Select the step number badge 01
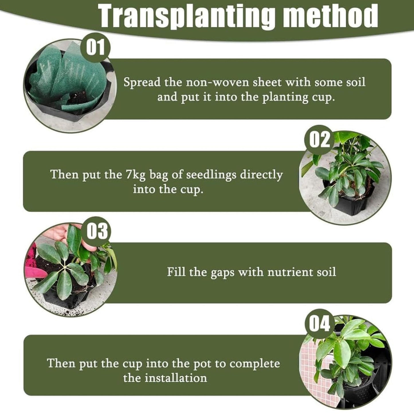click(x=95, y=48)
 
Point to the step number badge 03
click(x=97, y=232)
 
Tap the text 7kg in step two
click(x=135, y=174)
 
